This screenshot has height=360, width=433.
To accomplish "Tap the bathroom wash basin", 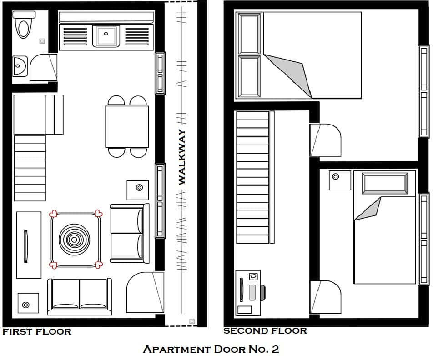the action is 20,66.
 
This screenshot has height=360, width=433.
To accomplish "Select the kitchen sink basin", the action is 106,36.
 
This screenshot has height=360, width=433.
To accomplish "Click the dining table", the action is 127,127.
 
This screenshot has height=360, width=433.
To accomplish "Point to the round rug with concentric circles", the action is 74,240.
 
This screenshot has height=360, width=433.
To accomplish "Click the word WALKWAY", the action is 182,157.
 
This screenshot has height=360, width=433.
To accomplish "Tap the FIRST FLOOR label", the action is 37,331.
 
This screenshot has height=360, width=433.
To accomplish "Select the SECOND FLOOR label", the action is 265,331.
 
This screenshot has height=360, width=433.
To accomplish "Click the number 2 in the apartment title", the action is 275,349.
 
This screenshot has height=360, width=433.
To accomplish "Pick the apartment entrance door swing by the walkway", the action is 145,292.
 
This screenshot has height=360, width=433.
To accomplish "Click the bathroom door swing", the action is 43,67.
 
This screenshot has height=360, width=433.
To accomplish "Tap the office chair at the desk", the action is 262,293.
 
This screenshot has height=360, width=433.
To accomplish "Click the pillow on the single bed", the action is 385,184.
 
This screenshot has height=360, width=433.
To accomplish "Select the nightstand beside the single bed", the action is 340,180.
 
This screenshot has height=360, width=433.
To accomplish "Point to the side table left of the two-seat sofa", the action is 28,303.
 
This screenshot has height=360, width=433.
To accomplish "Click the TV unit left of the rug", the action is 29,245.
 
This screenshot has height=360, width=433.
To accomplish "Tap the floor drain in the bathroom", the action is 42,41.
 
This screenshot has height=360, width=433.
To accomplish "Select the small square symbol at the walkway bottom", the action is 192,321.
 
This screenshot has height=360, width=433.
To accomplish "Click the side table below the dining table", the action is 137,190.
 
